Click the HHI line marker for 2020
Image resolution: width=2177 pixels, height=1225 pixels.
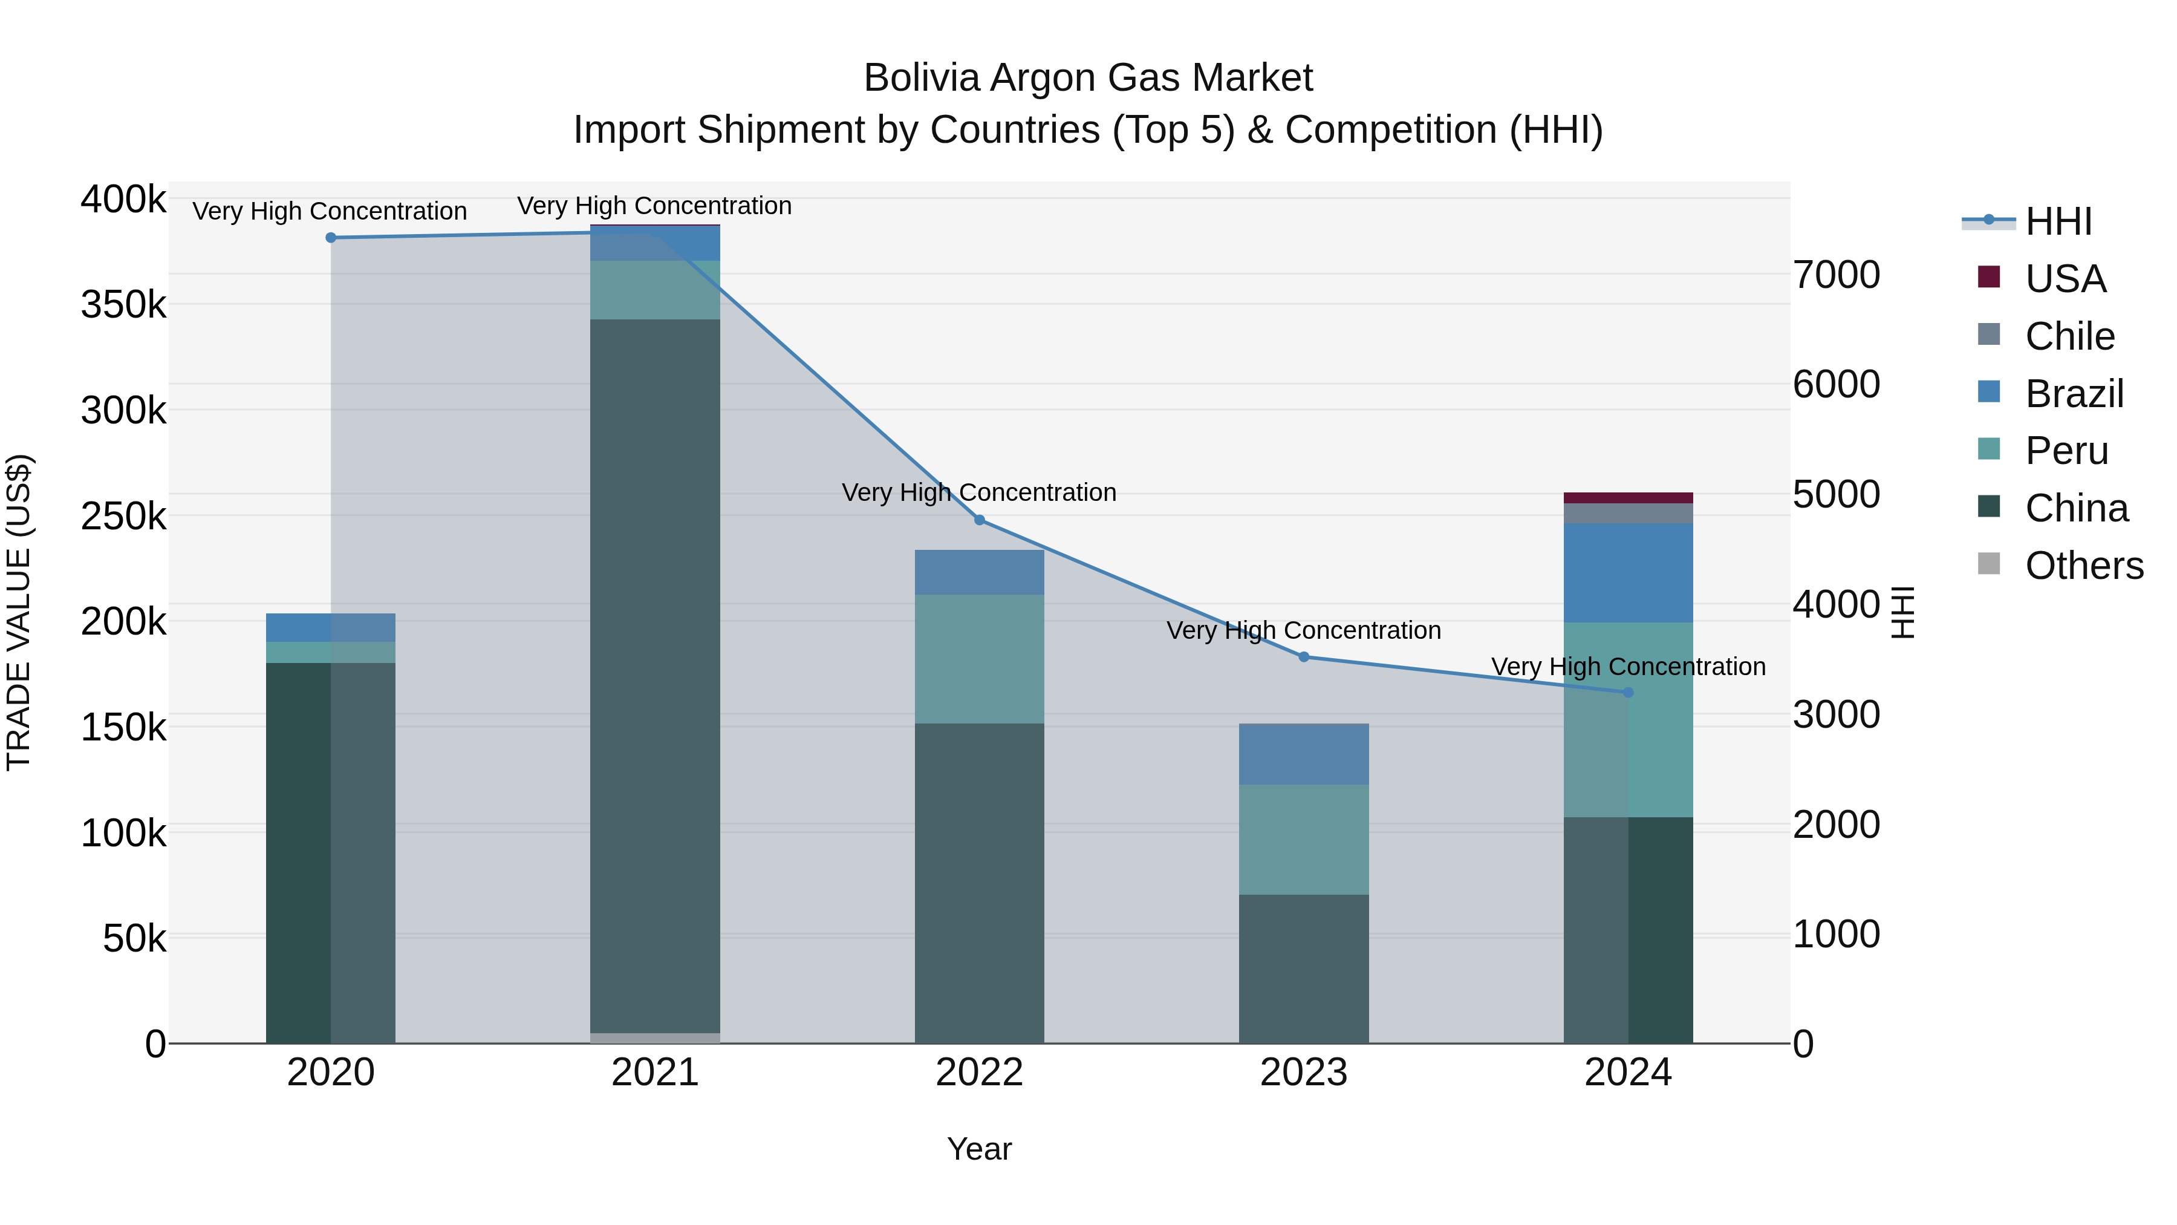pyautogui.click(x=330, y=238)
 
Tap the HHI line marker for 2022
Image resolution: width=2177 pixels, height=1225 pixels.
pyautogui.click(x=980, y=520)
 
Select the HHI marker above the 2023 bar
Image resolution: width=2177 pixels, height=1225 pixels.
pyautogui.click(x=1303, y=657)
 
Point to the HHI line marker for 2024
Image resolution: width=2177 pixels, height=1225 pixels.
pyautogui.click(x=1629, y=693)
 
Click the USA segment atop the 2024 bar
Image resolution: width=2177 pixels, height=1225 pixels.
pyautogui.click(x=1629, y=497)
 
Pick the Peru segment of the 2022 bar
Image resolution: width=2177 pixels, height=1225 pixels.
pyautogui.click(x=980, y=659)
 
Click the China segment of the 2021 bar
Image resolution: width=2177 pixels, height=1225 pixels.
pyautogui.click(x=655, y=676)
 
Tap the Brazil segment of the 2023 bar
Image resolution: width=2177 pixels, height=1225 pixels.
pyautogui.click(x=1303, y=754)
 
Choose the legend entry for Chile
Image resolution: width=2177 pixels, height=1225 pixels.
pyautogui.click(x=2069, y=336)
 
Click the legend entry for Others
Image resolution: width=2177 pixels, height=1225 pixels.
pyautogui.click(x=2083, y=566)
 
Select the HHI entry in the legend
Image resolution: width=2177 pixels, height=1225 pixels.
pyautogui.click(x=2058, y=221)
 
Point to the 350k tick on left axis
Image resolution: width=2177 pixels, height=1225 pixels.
pyautogui.click(x=123, y=304)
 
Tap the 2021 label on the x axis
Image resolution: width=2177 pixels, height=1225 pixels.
pyautogui.click(x=655, y=1073)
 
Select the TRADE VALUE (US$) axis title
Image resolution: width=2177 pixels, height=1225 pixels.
pyautogui.click(x=19, y=612)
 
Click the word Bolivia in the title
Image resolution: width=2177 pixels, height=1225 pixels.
pyautogui.click(x=921, y=78)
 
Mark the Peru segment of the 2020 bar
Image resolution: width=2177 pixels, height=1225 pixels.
pyautogui.click(x=330, y=652)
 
